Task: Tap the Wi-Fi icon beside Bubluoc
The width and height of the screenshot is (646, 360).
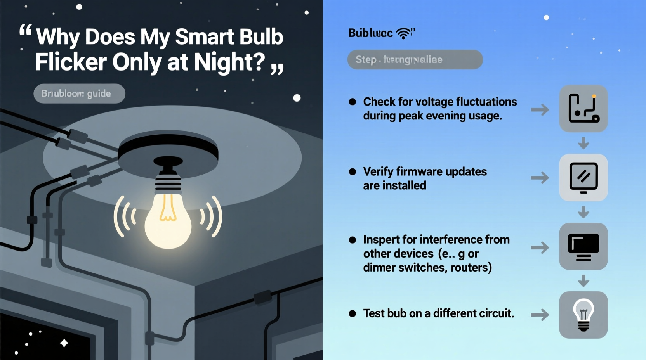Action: [x=404, y=33]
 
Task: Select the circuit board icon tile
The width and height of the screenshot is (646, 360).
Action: [x=583, y=109]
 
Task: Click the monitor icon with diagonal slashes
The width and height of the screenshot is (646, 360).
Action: [x=583, y=178]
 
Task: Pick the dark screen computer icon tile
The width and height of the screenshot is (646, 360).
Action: [x=583, y=246]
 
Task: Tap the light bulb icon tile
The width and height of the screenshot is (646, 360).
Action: [x=583, y=315]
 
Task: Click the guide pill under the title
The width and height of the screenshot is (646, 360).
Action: [x=79, y=93]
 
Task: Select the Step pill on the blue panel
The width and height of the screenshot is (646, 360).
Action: [x=415, y=60]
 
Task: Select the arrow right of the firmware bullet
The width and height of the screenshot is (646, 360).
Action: [x=540, y=178]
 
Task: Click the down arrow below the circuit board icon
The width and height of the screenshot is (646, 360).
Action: [x=583, y=144]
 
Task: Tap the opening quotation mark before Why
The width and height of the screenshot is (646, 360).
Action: [x=26, y=30]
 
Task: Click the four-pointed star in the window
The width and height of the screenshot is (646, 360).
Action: [x=64, y=343]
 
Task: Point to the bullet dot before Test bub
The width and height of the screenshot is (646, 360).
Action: [x=353, y=313]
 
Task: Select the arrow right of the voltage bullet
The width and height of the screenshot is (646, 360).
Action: [x=540, y=110]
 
